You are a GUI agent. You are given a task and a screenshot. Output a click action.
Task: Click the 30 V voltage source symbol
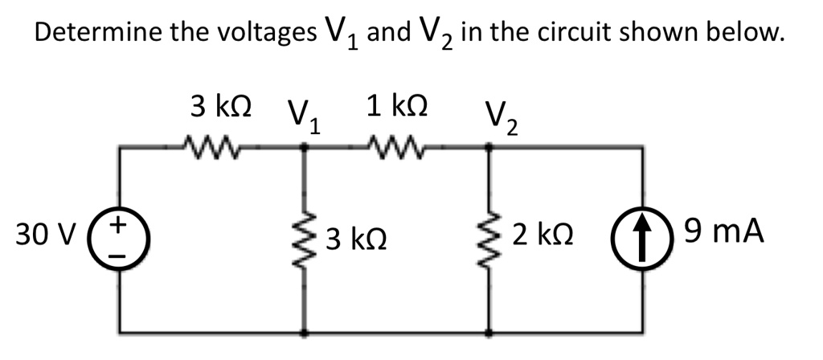[121, 239]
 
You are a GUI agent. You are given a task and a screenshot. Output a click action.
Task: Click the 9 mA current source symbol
[643, 239]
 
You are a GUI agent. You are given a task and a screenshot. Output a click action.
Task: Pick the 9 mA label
[722, 234]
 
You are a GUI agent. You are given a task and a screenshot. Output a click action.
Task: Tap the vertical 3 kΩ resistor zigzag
[305, 239]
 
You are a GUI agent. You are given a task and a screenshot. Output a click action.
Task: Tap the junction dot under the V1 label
[305, 147]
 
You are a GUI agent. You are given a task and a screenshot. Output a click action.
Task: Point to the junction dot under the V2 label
[489, 147]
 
